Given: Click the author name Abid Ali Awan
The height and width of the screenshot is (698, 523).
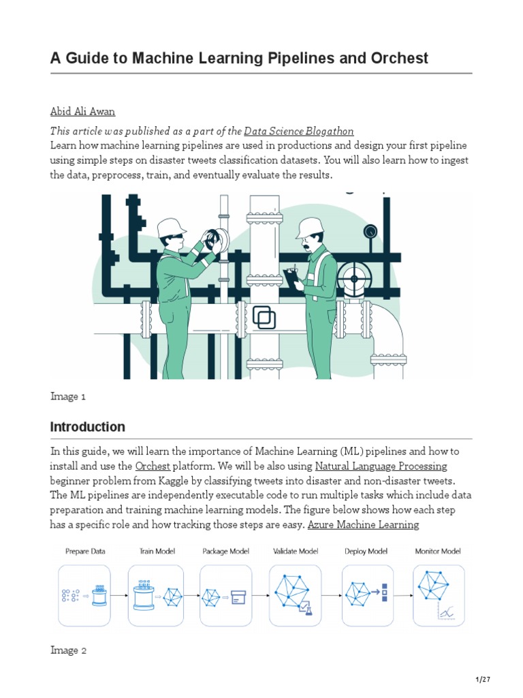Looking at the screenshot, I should click(x=83, y=112).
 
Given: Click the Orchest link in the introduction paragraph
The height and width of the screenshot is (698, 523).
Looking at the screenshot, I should click(x=153, y=466).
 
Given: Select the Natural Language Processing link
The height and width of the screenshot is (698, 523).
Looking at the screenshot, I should click(x=381, y=466).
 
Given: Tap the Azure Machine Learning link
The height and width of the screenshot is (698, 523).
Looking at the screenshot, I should click(x=363, y=524).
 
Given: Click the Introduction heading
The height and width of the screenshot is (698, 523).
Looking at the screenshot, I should click(x=88, y=427).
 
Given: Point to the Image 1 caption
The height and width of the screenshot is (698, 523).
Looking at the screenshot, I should click(x=68, y=396).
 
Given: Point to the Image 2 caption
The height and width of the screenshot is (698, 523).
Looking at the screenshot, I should click(x=69, y=650).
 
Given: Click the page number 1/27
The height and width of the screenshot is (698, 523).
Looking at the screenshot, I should click(x=482, y=680).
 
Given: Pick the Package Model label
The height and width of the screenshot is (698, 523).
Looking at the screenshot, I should click(x=225, y=551).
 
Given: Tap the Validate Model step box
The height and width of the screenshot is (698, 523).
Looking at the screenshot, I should click(x=297, y=595).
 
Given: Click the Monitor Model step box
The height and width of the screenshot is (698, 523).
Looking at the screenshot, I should click(x=439, y=595).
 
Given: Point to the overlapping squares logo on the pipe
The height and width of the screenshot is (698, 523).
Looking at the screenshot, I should click(x=264, y=317).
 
